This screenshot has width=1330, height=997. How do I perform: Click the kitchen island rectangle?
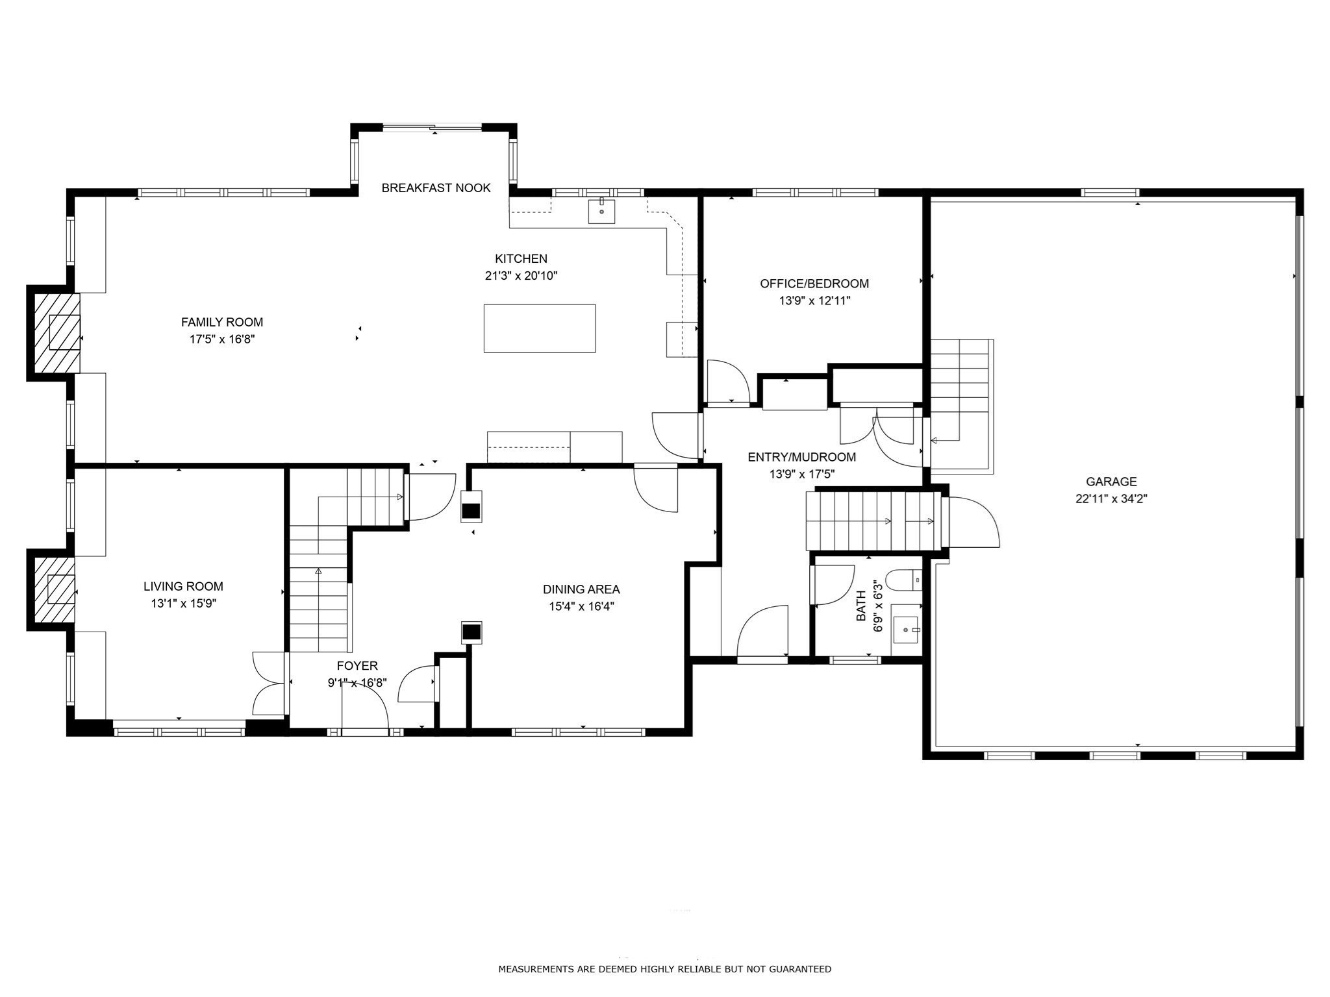(539, 328)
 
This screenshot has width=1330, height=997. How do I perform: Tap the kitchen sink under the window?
(601, 212)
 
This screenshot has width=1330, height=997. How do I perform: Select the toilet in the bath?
(904, 580)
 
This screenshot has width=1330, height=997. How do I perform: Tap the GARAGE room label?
(1111, 482)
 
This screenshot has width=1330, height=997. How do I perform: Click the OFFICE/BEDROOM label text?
(814, 284)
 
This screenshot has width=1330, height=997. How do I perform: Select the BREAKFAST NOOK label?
(436, 188)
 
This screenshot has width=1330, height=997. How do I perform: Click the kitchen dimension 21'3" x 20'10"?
(521, 276)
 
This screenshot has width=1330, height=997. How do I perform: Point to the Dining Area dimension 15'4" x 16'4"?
(581, 607)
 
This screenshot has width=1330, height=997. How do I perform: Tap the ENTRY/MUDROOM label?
(801, 457)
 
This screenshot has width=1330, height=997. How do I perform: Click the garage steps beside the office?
(959, 383)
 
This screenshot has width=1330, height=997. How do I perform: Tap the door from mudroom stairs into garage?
(972, 521)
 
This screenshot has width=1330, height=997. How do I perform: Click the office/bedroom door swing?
(728, 382)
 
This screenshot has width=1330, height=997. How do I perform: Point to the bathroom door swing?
(833, 584)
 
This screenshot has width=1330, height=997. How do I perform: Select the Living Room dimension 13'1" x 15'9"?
(183, 604)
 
